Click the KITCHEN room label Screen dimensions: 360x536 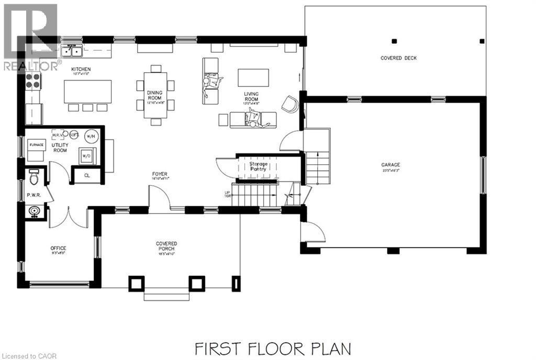coord(81,69)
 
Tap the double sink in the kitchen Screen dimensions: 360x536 coord(72,51)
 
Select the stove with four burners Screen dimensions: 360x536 coord(32,82)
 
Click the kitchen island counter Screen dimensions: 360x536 coord(88,92)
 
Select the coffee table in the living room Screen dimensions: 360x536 coord(253,77)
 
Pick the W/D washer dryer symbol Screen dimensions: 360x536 coord(86,155)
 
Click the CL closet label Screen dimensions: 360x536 coord(87,175)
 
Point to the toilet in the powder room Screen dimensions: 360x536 coord(34,178)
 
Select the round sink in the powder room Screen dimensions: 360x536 coord(35,211)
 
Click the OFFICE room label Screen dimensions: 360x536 coord(58,248)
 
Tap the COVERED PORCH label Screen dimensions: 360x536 coord(166,244)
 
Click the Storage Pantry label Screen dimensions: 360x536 coord(258,166)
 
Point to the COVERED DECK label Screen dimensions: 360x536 coord(398,58)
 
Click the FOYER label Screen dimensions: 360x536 coord(160,174)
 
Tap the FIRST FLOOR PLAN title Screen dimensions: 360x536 coord(272,348)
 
